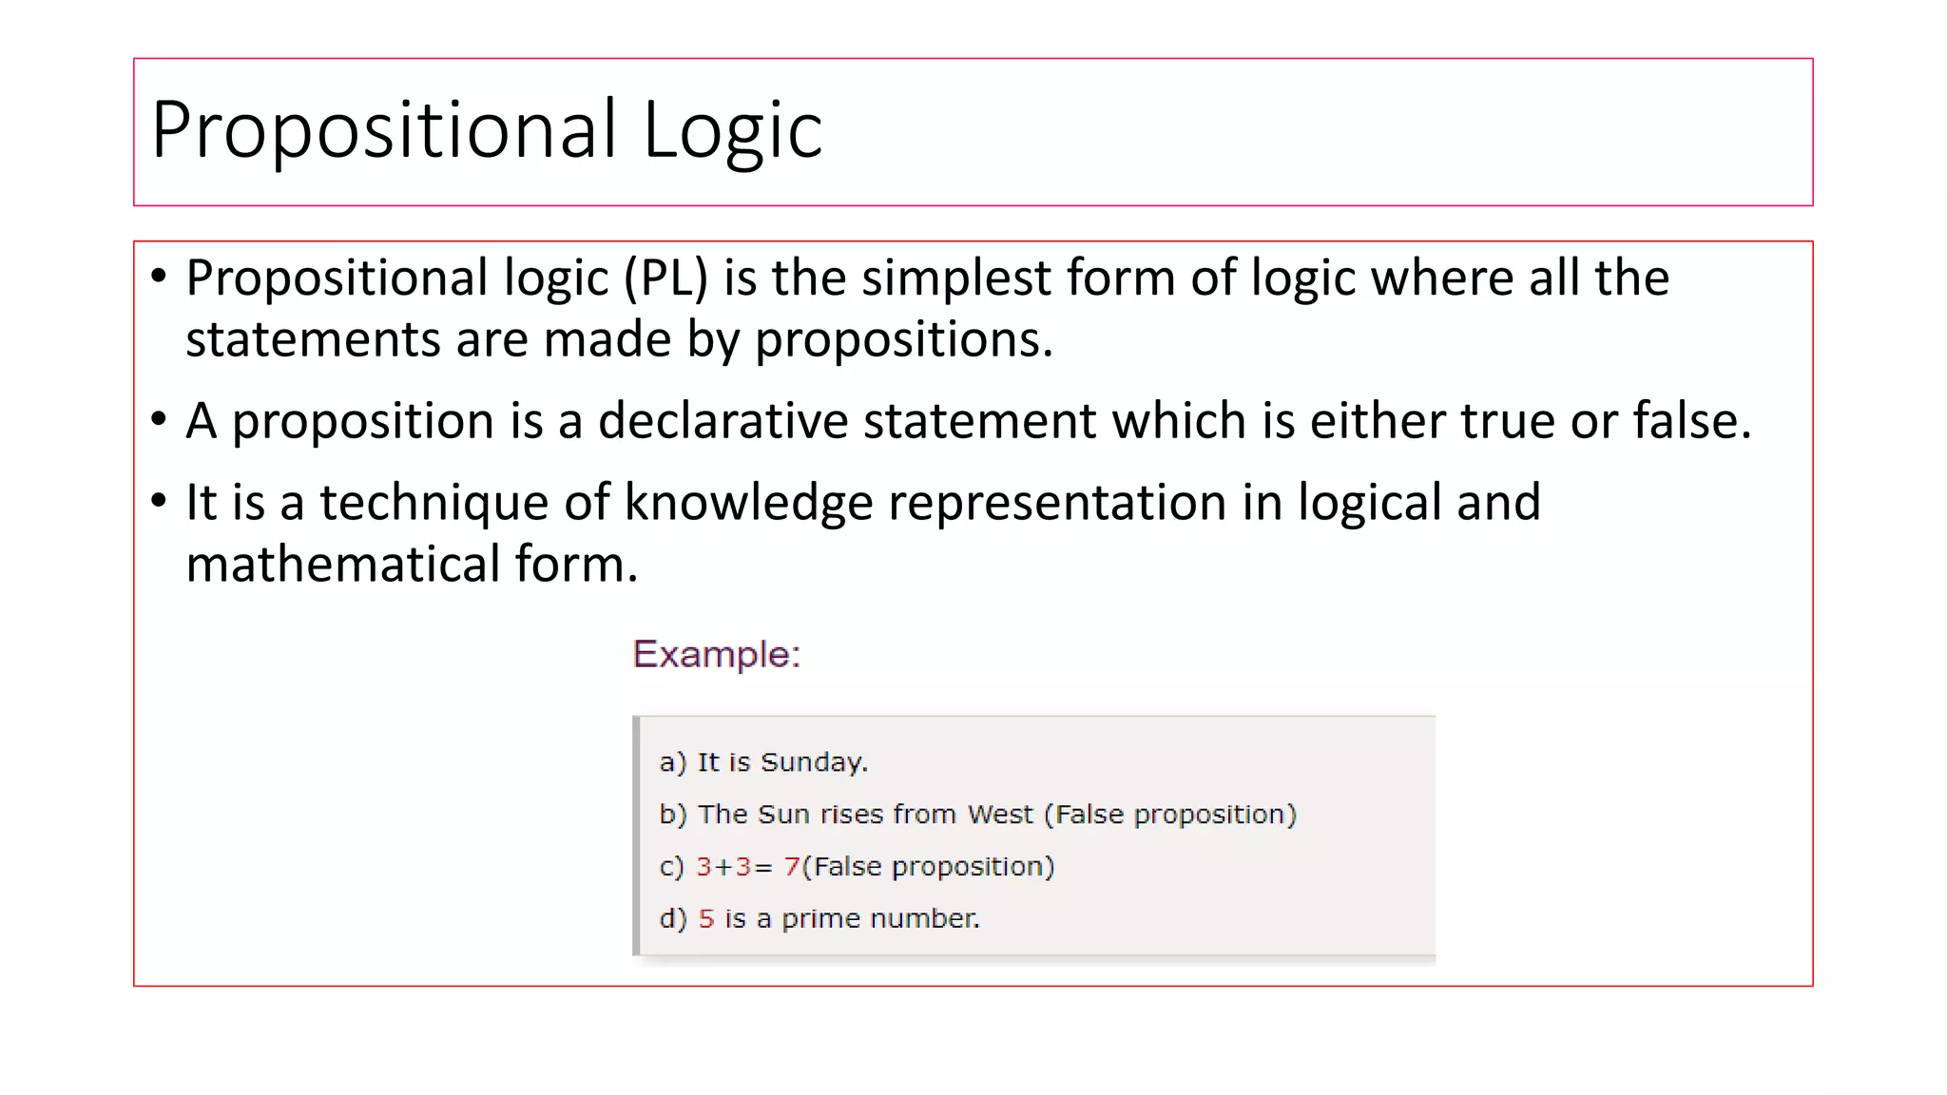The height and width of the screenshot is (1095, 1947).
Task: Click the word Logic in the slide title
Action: pyautogui.click(x=732, y=130)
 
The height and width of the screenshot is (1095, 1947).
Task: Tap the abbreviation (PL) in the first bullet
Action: pyautogui.click(x=665, y=279)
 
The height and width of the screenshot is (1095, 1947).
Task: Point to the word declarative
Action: pyautogui.click(x=723, y=421)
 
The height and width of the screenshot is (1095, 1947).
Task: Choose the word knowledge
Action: pyautogui.click(x=748, y=503)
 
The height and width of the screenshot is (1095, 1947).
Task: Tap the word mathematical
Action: pyautogui.click(x=342, y=565)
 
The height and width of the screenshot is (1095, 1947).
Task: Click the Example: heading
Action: pyautogui.click(x=717, y=655)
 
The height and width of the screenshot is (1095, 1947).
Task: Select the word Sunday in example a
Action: pyautogui.click(x=813, y=762)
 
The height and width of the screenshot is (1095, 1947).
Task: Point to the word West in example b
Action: pyautogui.click(x=999, y=815)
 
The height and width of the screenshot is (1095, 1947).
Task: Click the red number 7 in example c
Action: pyautogui.click(x=791, y=867)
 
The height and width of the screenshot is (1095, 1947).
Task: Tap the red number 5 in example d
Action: pyautogui.click(x=705, y=919)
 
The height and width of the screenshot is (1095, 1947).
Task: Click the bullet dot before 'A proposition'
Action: pyautogui.click(x=159, y=419)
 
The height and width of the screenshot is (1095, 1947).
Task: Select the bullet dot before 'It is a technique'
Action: pyautogui.click(x=159, y=501)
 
